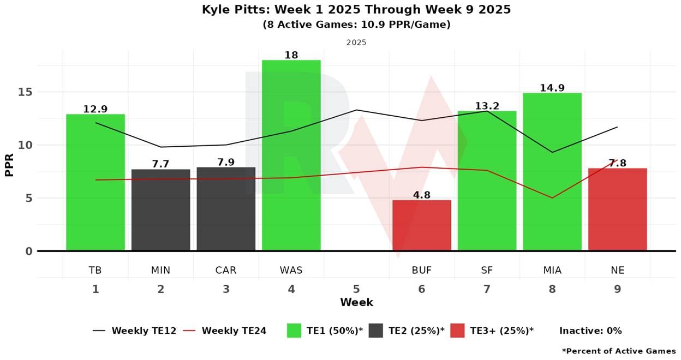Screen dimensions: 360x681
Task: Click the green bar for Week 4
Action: (291, 155)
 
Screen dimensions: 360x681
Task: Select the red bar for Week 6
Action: (422, 225)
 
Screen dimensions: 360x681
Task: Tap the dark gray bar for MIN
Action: (160, 210)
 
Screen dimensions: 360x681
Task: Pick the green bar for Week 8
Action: (552, 172)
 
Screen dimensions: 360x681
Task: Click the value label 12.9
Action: (95, 109)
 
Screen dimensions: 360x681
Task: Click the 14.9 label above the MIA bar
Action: (552, 88)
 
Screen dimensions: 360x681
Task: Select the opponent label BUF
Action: (422, 270)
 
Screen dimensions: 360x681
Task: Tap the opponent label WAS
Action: (291, 270)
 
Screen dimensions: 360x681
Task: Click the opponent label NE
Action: (618, 270)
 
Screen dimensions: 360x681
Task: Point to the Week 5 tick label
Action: (356, 289)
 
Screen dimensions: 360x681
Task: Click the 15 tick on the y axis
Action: (26, 92)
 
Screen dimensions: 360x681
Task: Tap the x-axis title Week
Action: (356, 302)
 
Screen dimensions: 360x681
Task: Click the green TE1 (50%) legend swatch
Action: (294, 331)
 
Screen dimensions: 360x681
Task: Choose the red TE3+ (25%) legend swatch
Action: (457, 331)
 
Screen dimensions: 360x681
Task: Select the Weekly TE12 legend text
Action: (144, 331)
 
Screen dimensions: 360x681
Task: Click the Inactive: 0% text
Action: (590, 331)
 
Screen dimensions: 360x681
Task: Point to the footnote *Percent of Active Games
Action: (618, 351)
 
